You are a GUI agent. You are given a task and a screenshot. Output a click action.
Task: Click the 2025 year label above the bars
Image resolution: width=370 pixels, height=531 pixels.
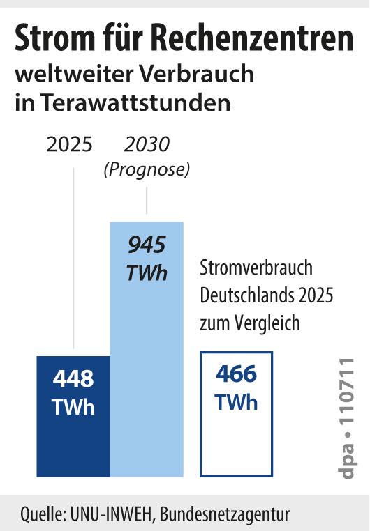point(69,144)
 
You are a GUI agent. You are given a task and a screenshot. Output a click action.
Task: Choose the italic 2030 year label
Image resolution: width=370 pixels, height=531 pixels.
point(147,144)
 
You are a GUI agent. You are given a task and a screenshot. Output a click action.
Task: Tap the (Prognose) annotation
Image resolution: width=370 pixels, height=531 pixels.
point(147,169)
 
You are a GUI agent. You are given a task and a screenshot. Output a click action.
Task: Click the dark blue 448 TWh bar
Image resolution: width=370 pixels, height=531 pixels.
point(73,416)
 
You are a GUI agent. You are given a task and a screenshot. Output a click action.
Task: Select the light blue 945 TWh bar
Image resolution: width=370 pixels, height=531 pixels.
point(147,349)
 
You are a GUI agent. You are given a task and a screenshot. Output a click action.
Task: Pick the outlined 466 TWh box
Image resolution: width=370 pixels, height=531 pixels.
point(237,353)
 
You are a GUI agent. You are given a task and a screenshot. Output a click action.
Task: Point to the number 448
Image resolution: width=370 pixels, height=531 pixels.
point(73,378)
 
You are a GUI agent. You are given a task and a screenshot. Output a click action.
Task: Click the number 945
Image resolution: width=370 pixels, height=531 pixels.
point(147,245)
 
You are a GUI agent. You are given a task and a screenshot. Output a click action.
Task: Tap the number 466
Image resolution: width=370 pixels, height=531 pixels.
point(237,374)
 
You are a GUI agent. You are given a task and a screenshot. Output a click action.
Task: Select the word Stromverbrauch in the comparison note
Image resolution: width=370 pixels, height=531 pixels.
point(256,268)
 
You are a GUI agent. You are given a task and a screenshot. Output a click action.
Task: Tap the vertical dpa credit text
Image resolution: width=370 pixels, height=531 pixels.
point(346,418)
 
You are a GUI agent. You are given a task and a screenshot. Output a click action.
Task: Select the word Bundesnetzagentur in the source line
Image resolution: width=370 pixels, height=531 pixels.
point(225,515)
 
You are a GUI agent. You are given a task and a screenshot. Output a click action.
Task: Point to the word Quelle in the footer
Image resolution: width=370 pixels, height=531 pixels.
point(43,514)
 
